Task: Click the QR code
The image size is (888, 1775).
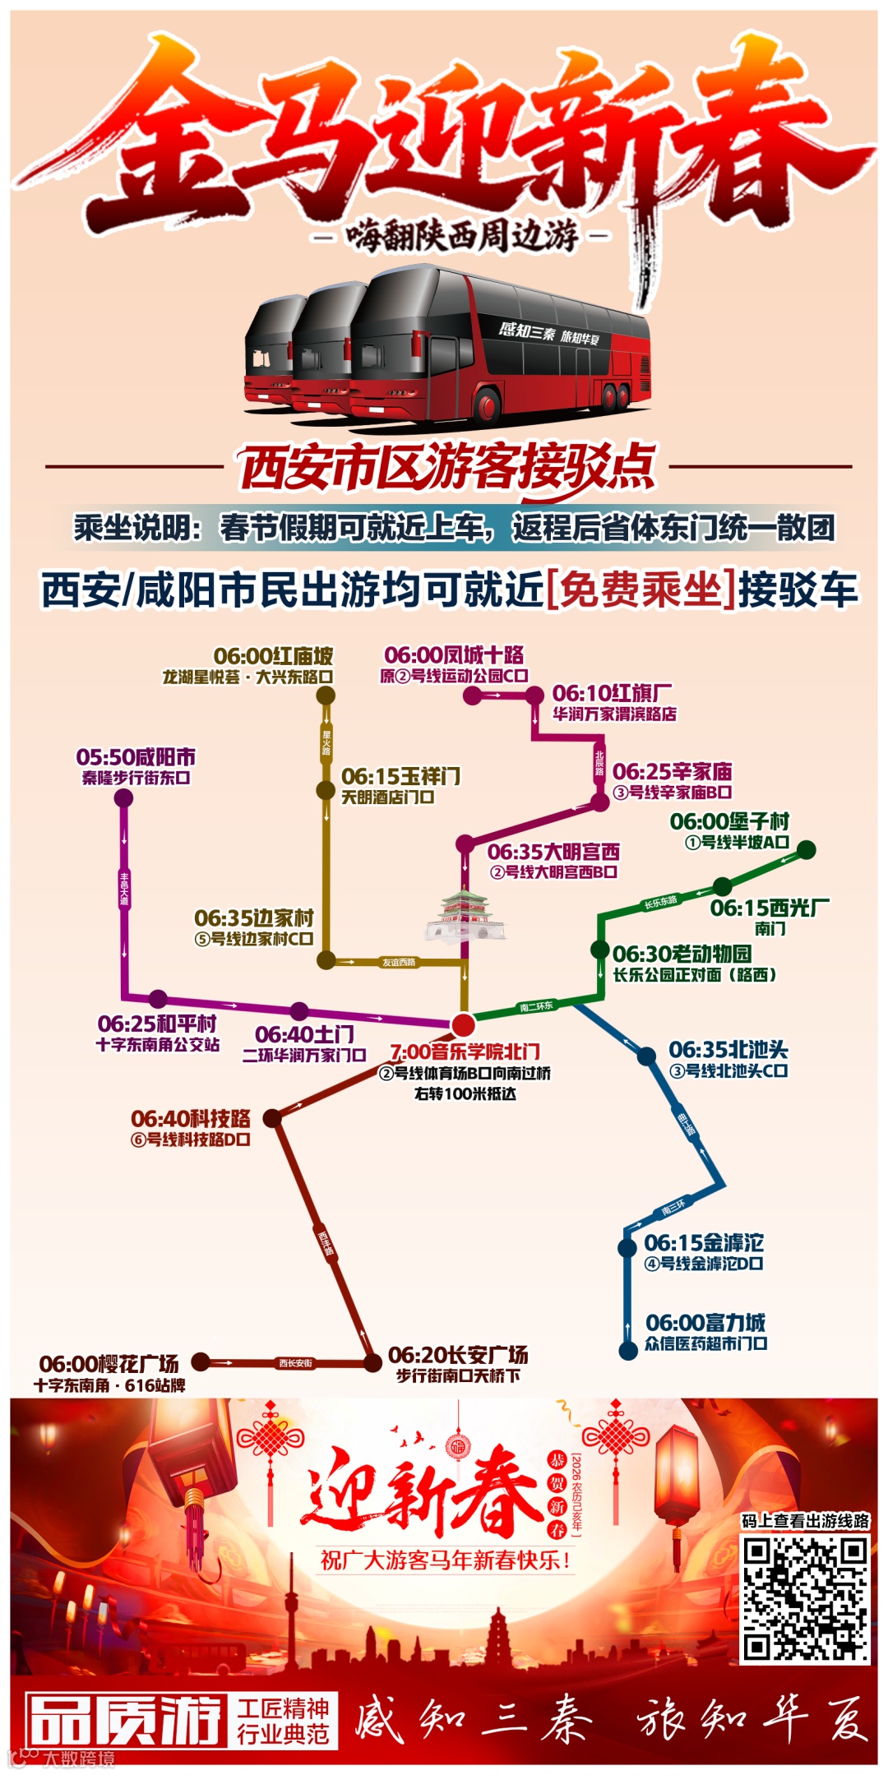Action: click(806, 1598)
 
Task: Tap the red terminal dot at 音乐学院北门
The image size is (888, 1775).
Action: click(464, 1024)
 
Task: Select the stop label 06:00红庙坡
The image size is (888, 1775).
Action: click(274, 656)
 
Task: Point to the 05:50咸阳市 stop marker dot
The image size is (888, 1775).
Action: click(124, 797)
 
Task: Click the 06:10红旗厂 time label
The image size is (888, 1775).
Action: click(612, 693)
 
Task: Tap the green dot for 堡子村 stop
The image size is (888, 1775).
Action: click(807, 849)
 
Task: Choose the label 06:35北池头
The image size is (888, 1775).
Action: click(728, 1050)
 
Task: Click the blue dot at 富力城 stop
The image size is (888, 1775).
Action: click(628, 1350)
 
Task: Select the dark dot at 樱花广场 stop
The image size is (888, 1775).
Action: click(201, 1361)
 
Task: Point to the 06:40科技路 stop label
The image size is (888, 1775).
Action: click(191, 1119)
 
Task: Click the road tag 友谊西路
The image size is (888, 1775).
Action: click(399, 962)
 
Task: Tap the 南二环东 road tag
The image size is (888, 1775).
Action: click(536, 1006)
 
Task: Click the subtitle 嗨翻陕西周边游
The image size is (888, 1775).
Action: click(462, 237)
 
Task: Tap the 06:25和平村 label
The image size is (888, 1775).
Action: click(157, 1024)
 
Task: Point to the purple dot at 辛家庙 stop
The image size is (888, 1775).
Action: click(600, 802)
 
